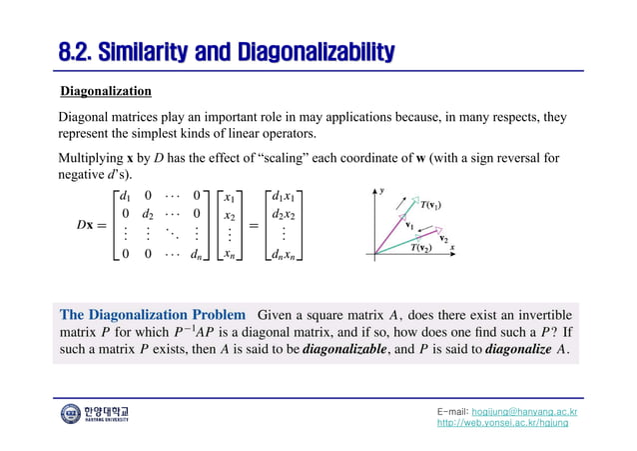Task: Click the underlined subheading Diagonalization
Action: point(106,92)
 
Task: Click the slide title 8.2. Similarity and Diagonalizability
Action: point(226,51)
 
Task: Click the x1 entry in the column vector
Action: point(230,196)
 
